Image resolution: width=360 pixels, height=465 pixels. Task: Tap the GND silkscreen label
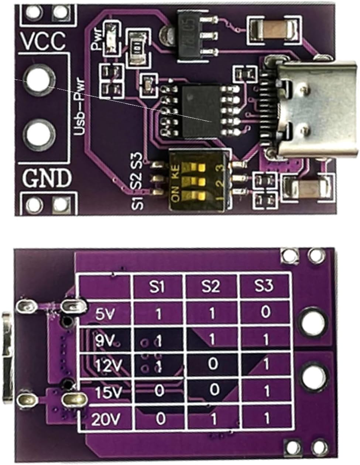[47, 178]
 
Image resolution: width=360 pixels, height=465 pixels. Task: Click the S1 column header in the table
[158, 286]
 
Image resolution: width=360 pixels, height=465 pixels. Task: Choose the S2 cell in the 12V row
[212, 365]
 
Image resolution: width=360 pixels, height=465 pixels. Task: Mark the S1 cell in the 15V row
[159, 391]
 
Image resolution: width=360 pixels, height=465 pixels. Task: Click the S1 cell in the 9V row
[158, 341]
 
